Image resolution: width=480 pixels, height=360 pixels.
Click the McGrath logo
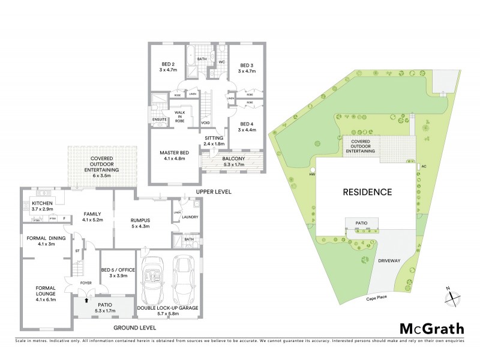pyautogui.click(x=431, y=328)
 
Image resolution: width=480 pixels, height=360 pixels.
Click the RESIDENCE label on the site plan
pyautogui.click(x=367, y=193)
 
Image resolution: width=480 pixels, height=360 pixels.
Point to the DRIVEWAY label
pyautogui.click(x=388, y=262)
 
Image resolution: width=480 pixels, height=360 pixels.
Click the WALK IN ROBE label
pyautogui.click(x=180, y=116)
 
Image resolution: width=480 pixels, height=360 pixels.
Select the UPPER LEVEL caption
pyautogui.click(x=214, y=192)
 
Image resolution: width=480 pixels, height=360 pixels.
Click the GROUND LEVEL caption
pyautogui.click(x=135, y=328)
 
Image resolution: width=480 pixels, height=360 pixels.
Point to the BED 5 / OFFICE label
pyautogui.click(x=118, y=274)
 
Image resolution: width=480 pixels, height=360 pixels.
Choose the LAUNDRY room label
pyautogui.click(x=190, y=217)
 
